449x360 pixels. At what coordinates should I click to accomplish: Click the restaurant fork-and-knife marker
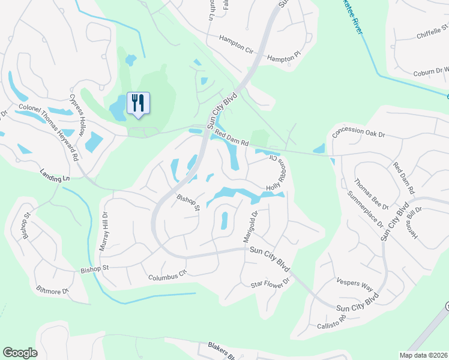[x=139, y=104]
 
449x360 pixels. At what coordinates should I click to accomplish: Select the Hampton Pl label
[x=283, y=58]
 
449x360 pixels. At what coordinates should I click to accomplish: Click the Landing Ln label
[x=55, y=178]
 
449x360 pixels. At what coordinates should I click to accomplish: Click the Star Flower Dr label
[x=270, y=282]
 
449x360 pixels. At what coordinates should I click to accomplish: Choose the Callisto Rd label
[x=333, y=324]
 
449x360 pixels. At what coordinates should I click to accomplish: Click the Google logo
[x=20, y=353]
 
